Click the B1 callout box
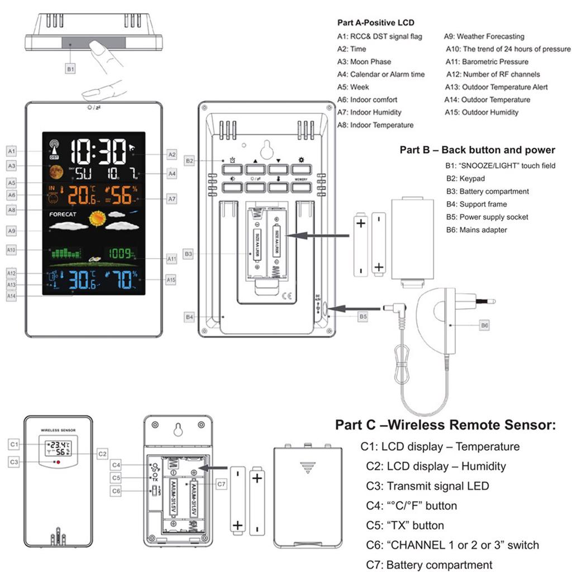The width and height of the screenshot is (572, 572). (x=70, y=69)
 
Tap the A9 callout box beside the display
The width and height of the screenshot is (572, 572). (x=11, y=230)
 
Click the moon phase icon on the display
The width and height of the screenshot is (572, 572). (x=55, y=171)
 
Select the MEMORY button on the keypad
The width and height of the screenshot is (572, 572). (x=301, y=187)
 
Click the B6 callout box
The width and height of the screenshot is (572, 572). (x=485, y=325)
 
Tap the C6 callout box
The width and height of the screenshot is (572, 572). (x=116, y=491)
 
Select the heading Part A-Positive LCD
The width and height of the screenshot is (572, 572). (x=376, y=23)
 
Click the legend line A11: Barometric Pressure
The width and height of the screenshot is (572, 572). (x=487, y=61)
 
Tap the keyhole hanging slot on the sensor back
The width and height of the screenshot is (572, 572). (x=178, y=430)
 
